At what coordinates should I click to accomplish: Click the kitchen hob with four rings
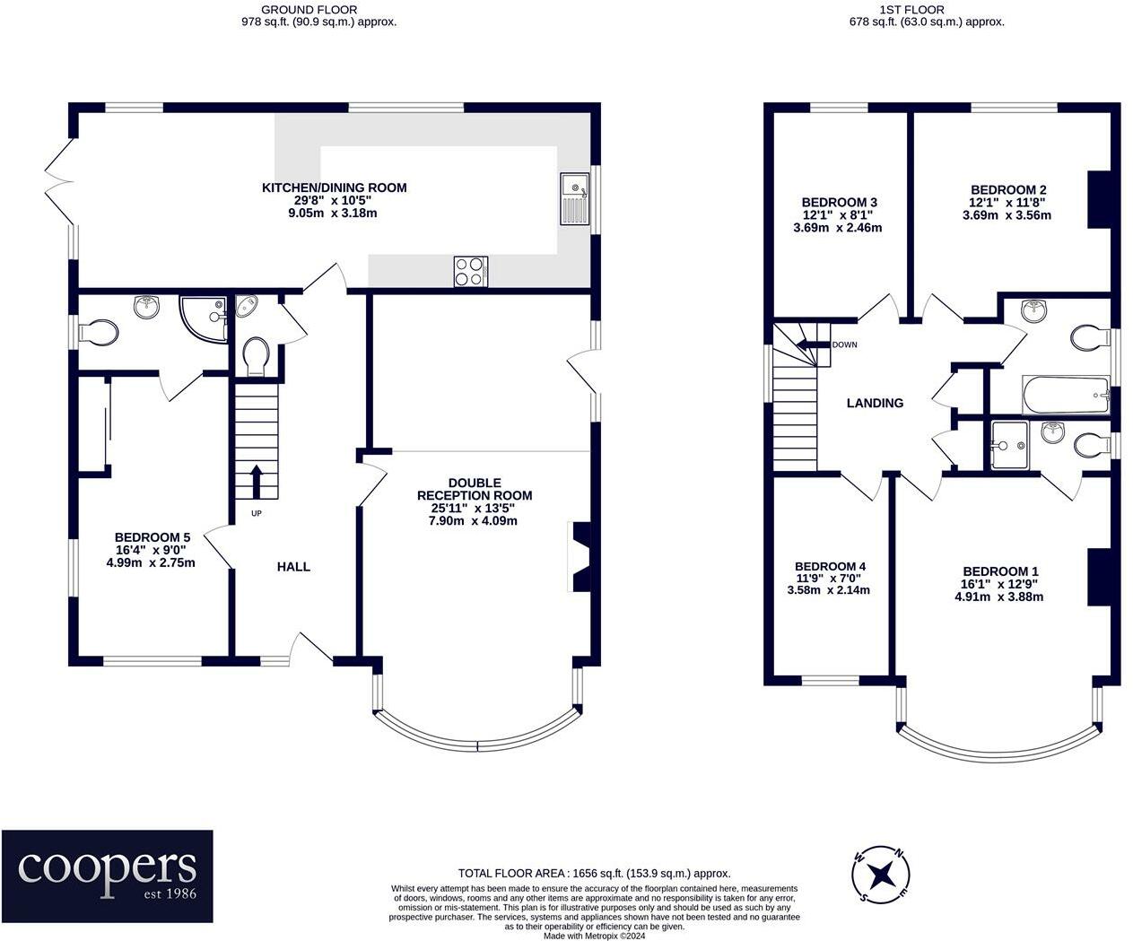[470, 271]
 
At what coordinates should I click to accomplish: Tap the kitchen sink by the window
[575, 198]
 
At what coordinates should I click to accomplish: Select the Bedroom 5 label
[153, 537]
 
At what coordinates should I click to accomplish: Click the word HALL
[293, 567]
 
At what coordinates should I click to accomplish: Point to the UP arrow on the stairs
[257, 482]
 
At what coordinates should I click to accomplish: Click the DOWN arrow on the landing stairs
[813, 344]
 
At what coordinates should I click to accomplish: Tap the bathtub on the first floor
[1066, 395]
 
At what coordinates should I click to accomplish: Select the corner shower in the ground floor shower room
[204, 319]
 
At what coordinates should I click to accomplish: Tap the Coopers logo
[108, 876]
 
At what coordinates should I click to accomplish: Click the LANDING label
[875, 403]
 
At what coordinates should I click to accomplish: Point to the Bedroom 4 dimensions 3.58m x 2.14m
[829, 590]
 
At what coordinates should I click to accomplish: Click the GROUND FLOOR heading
[309, 10]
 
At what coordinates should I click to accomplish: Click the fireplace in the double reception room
[579, 557]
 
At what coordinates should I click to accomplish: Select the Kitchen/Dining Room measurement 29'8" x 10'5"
[333, 200]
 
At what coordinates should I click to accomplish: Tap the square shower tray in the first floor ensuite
[1009, 445]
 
